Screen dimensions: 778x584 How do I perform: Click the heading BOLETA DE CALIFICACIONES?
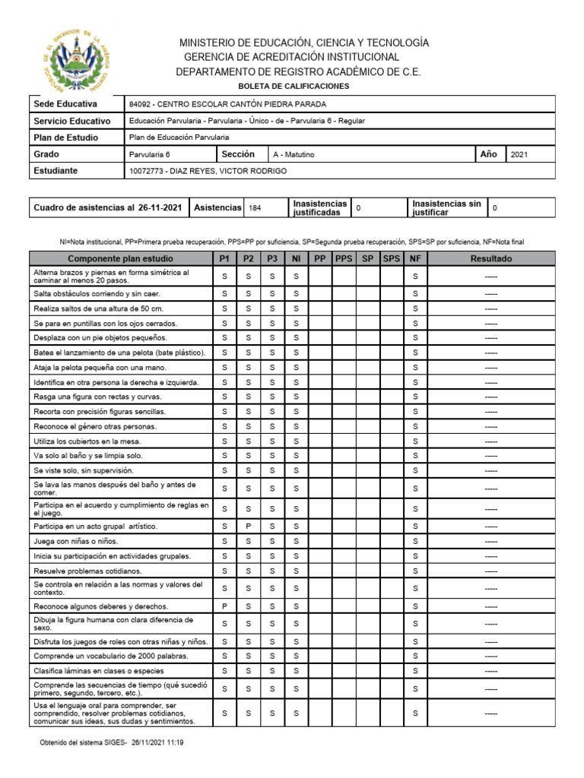[294, 87]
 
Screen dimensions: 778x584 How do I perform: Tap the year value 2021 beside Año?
[519, 154]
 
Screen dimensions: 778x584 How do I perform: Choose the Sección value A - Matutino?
[294, 154]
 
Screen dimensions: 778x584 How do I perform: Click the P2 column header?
[248, 259]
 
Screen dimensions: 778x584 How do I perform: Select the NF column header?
[415, 259]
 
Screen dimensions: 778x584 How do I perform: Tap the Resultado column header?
[491, 259]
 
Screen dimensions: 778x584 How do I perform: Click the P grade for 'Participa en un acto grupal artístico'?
[248, 527]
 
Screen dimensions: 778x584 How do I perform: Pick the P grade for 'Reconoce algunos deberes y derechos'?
[224, 606]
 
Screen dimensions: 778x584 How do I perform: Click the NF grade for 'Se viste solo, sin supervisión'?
[415, 470]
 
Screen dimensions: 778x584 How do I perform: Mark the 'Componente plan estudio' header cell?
[120, 259]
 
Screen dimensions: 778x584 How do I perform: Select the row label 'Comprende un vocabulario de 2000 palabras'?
[110, 656]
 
